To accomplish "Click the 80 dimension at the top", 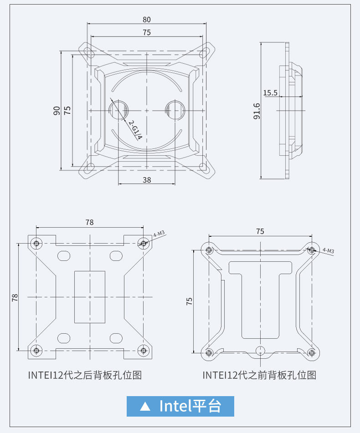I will tap(146, 20).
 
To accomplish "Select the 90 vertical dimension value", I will tap(57, 111).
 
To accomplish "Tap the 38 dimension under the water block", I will tap(146, 180).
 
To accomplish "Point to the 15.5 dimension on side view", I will tap(270, 93).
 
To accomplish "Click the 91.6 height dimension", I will tap(257, 111).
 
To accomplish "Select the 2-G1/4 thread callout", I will tap(135, 130).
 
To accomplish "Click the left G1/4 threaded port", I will tap(118, 110).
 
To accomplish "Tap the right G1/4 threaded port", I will tap(175, 110).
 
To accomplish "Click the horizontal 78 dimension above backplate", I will tap(89, 222).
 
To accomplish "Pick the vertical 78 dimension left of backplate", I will tap(15, 297).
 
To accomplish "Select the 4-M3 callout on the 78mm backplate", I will tap(159, 234).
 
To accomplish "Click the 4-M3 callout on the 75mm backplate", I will tap(328, 250).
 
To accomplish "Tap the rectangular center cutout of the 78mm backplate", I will tap(90, 297).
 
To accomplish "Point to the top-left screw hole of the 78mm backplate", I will tap(37, 243).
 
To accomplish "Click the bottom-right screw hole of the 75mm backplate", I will tap(311, 352).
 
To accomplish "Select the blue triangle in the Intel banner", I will tap(145, 406).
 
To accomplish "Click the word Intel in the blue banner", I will tap(175, 406).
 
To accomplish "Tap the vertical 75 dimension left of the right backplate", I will tap(190, 301).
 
